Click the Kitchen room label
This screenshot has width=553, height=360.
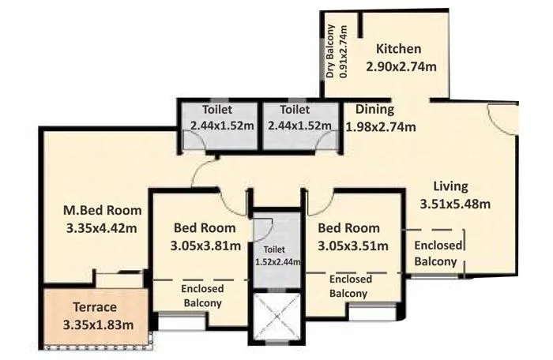[398, 49]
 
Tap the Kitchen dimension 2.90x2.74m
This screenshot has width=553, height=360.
[401, 67]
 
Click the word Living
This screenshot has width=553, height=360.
[450, 187]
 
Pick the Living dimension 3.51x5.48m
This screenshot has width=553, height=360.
[456, 204]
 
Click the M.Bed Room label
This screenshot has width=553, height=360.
[102, 211]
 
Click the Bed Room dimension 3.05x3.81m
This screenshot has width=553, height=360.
[205, 246]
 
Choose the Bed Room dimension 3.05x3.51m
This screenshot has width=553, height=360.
[352, 246]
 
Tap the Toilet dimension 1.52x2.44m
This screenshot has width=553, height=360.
[276, 261]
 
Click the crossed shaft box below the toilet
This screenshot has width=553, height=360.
[276, 316]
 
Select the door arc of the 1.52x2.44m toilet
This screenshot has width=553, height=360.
[264, 229]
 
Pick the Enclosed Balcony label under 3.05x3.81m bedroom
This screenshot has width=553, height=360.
[202, 295]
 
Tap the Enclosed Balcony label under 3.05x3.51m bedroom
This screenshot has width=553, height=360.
[348, 287]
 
